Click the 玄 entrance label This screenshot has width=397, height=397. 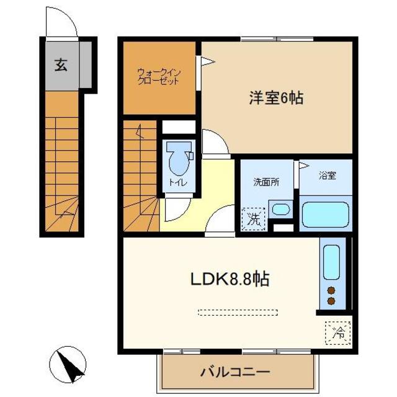pyautogui.click(x=60, y=65)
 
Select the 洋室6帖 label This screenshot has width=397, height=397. pyautogui.click(x=276, y=97)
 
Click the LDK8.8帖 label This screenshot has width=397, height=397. pyautogui.click(x=229, y=279)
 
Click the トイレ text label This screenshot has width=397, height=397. pyautogui.click(x=177, y=183)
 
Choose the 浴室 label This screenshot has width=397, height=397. pyautogui.click(x=328, y=175)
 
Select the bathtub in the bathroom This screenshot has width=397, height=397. pyautogui.click(x=326, y=215)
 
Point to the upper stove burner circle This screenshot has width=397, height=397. pyautogui.click(x=331, y=290)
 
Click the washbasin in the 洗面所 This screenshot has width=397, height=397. pyautogui.click(x=280, y=209)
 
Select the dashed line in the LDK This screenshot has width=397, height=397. pyautogui.click(x=237, y=312)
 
